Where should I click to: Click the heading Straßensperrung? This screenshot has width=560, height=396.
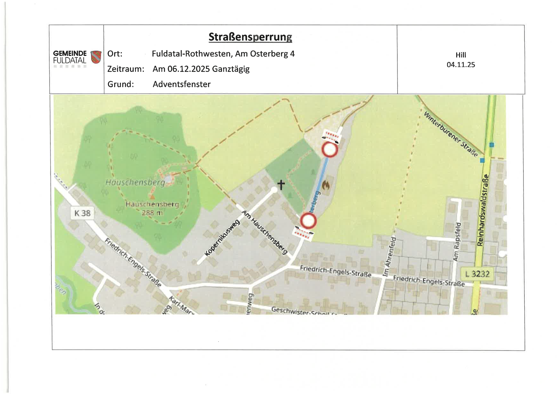tap(250, 37)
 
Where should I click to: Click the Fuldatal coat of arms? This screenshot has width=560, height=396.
tap(96, 57)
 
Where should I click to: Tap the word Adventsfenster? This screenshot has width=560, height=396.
tap(181, 84)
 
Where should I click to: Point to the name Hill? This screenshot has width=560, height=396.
tap(460, 55)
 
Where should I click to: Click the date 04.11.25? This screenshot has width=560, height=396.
tap(460, 65)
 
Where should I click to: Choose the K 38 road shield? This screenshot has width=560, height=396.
tap(82, 213)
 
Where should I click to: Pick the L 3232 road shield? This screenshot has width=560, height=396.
tap(477, 274)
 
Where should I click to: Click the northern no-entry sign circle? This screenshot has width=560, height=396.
tap(329, 150)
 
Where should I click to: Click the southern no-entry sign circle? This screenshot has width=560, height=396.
tap(308, 221)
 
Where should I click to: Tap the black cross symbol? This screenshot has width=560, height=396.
tap(281, 184)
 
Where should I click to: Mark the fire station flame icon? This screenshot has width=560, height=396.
tap(326, 185)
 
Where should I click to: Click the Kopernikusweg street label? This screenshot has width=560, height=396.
tap(222, 238)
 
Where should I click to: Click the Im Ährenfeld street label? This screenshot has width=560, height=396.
tap(389, 256)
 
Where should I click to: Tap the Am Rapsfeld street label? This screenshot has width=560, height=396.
tap(457, 241)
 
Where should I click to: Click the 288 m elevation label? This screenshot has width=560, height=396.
tap(152, 212)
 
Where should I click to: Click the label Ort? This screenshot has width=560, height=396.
tap(115, 54)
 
